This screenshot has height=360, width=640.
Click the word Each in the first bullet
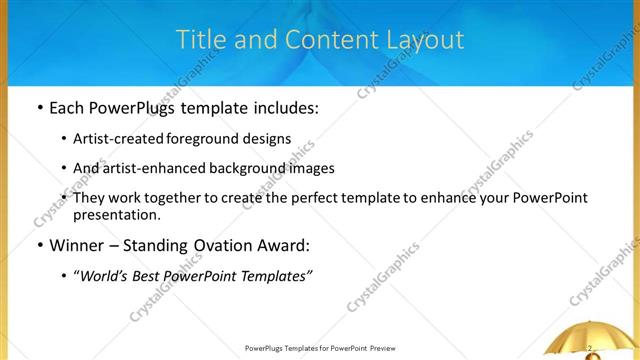67,105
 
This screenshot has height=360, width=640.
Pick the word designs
270,139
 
